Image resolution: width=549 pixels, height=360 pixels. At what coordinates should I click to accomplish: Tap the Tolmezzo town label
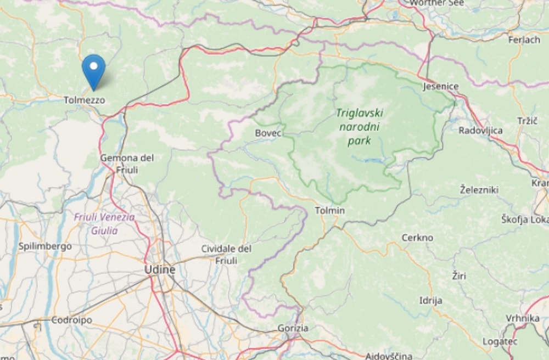(84, 100)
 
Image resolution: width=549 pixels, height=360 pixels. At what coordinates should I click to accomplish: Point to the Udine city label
(159, 269)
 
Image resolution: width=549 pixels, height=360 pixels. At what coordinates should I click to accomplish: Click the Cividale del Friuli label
(226, 254)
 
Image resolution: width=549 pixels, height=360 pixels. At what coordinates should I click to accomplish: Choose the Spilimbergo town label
(45, 246)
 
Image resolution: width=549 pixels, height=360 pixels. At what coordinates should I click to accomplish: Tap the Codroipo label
(71, 320)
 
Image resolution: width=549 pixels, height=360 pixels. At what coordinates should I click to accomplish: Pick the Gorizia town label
(293, 328)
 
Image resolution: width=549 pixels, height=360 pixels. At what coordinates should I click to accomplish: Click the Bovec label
(268, 133)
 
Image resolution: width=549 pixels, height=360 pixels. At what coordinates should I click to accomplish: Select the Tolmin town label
(330, 210)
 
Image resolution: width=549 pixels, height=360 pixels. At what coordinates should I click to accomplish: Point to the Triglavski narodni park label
(360, 127)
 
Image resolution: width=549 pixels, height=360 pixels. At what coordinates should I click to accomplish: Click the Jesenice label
(440, 87)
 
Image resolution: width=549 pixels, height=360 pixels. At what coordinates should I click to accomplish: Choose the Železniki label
(479, 190)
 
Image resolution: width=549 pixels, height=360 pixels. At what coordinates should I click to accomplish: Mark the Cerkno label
(417, 238)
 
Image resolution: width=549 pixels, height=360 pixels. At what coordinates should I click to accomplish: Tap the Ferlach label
(524, 40)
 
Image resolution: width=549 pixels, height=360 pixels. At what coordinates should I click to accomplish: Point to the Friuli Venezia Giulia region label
(104, 223)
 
